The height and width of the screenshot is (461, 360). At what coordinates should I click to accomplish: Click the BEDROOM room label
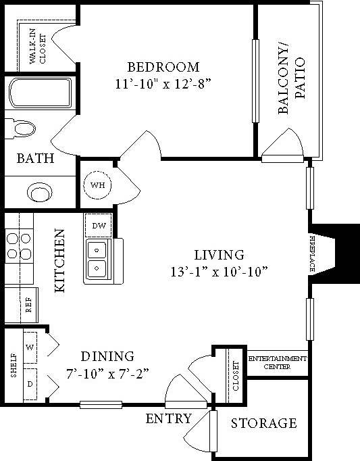point(163,67)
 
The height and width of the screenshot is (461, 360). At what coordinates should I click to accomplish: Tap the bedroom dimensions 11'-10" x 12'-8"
point(163,85)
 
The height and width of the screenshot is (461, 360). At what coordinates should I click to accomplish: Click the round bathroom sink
point(40,192)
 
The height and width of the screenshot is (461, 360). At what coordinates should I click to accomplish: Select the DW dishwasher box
point(98,225)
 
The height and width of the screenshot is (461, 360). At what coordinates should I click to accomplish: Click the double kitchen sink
point(98,261)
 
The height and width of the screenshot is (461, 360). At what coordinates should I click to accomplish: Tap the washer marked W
point(30,347)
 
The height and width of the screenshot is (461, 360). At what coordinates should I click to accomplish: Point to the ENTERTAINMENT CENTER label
point(278,362)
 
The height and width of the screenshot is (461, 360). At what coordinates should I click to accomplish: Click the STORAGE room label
point(263,424)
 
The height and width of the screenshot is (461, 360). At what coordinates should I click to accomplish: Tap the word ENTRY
point(168,418)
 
